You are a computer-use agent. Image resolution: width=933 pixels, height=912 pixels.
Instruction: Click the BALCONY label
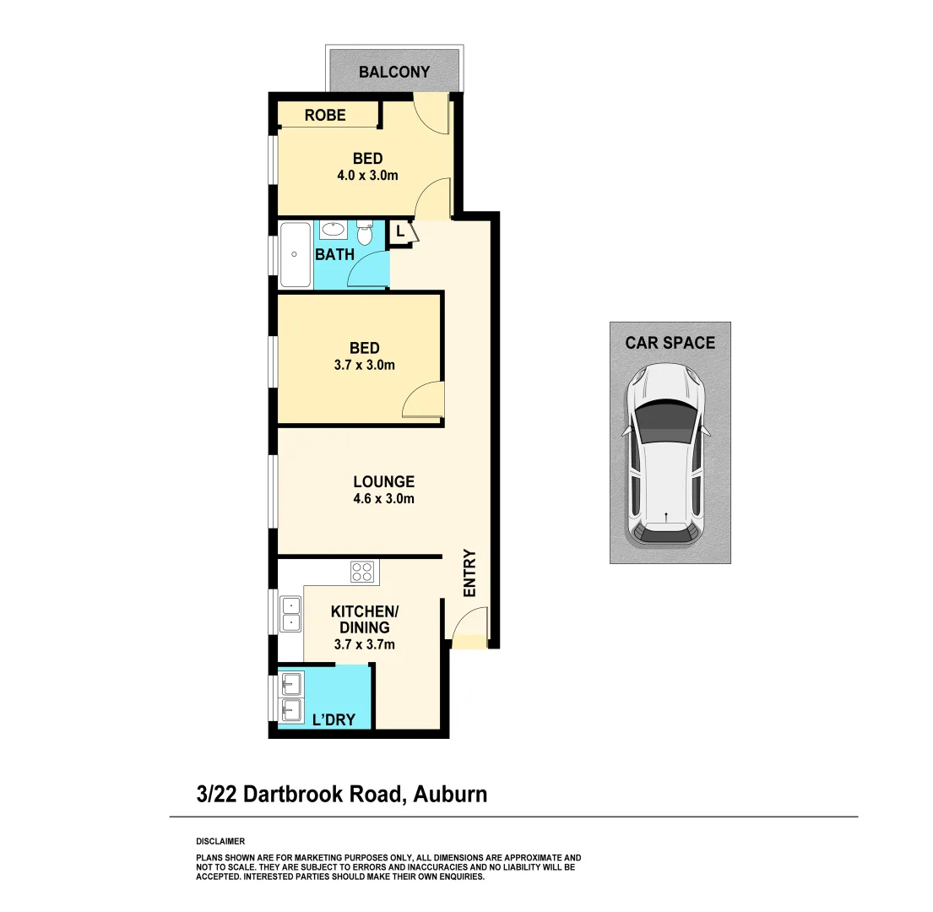[394, 72]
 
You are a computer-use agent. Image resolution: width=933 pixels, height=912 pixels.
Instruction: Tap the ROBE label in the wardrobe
[325, 115]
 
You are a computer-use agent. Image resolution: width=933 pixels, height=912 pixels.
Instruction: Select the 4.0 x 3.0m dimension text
[367, 176]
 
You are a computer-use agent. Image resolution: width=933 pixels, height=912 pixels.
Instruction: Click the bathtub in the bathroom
[295, 254]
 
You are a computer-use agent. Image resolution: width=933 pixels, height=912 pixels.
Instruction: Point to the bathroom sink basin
[333, 229]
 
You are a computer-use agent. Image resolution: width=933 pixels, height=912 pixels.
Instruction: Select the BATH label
[334, 254]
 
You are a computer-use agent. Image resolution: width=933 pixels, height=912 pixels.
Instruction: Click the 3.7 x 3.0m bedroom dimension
[365, 366]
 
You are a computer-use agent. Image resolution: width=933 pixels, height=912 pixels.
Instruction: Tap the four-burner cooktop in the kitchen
[362, 572]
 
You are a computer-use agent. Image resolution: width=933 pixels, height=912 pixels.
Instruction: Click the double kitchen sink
[290, 614]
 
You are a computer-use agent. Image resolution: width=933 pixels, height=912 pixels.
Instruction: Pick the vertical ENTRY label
[470, 573]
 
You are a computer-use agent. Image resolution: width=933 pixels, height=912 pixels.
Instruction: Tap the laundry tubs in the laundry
[291, 697]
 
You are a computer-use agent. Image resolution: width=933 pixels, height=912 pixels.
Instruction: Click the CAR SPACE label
[670, 343]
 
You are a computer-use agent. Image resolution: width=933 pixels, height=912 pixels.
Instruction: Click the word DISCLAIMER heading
[220, 841]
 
